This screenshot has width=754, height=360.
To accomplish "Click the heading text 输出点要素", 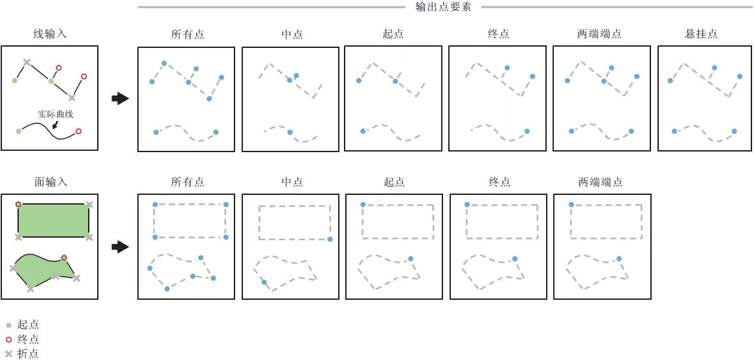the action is click(442, 7).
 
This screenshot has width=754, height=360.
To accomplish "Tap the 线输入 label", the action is click(50, 34).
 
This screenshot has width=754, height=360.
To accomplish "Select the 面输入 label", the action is click(50, 183).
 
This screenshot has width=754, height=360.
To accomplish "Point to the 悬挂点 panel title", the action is click(702, 34).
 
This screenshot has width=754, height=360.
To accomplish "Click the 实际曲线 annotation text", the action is click(55, 114).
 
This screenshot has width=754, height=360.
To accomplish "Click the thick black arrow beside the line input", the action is click(120, 98).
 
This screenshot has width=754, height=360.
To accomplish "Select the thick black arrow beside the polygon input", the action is click(120, 247).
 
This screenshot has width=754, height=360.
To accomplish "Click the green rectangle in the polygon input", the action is click(53, 220).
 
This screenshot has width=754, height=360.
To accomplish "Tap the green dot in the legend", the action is click(8, 325).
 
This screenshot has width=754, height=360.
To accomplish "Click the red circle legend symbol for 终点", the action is click(8, 339).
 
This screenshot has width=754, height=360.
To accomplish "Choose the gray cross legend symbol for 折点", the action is click(8, 354).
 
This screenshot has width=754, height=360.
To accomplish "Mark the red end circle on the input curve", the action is click(78, 131).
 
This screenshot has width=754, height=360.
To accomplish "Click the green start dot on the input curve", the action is click(18, 131).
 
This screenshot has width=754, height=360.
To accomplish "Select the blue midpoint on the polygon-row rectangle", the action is click(330, 240).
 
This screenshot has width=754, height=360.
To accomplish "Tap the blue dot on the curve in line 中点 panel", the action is click(290, 132).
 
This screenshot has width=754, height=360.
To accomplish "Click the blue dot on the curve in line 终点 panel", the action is click(527, 131).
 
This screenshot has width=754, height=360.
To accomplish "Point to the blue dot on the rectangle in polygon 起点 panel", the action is click(363, 205).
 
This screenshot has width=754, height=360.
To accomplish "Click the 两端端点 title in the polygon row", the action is click(600, 183).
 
